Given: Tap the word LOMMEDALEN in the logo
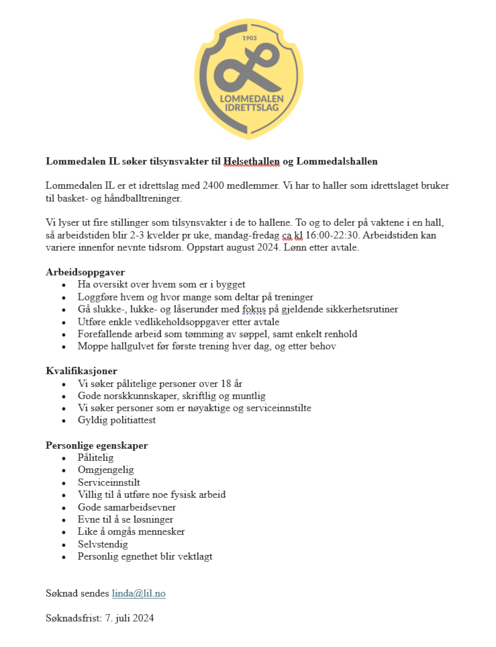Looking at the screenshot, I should (x=252, y=98).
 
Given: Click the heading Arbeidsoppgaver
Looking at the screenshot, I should (x=85, y=272).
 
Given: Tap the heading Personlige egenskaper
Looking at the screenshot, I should (x=97, y=445).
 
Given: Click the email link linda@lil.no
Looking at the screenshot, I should (x=138, y=593).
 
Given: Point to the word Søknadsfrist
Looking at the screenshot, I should (x=73, y=618).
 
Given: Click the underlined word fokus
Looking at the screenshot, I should (x=254, y=309).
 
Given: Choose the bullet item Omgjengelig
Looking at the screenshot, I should (x=106, y=470).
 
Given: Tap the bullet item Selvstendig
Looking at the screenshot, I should (x=103, y=544).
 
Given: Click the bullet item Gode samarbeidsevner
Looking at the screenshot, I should (x=127, y=507).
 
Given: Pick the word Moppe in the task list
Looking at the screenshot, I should (x=92, y=347).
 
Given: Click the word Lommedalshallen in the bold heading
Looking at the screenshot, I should (x=337, y=161).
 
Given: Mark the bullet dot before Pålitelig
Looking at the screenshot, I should (x=64, y=458).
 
